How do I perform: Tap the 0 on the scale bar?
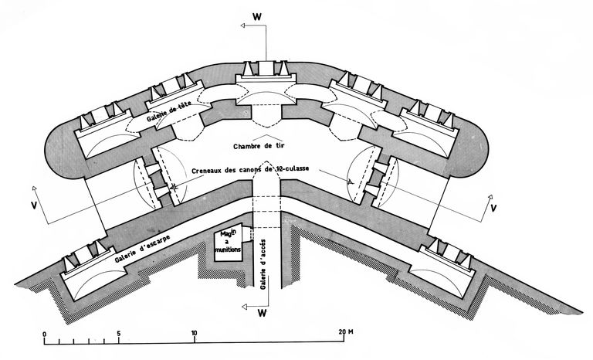44,333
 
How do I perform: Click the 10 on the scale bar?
194,333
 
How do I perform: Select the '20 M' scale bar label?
345,333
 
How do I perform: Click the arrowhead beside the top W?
244,25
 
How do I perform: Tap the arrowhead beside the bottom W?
244,307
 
